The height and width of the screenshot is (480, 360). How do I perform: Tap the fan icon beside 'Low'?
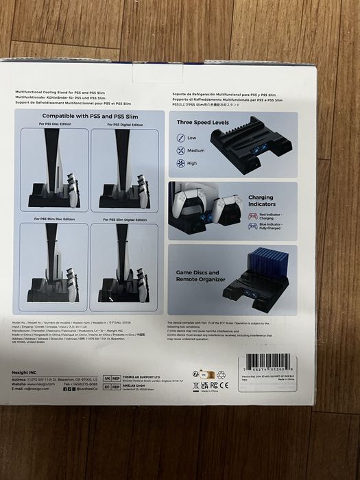click(181, 138)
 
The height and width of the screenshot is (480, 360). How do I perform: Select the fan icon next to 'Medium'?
click(181, 150)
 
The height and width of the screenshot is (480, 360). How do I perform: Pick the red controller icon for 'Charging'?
click(253, 215)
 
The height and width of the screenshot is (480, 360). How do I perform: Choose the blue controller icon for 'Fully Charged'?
click(253, 226)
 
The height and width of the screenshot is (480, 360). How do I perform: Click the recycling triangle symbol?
click(221, 374)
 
